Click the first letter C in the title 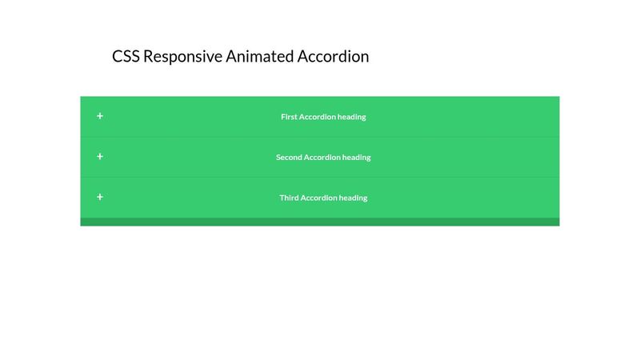click(118, 57)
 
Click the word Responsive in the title click(182, 58)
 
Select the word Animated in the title click(259, 57)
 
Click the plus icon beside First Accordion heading click(100, 116)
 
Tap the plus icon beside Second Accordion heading click(100, 157)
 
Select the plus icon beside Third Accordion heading click(100, 197)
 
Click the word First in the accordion click(289, 117)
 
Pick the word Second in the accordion click(289, 158)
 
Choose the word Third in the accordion click(289, 198)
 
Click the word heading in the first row click(352, 117)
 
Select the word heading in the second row click(357, 158)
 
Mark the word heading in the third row click(354, 198)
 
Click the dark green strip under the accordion click(320, 222)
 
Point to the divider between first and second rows click(320, 137)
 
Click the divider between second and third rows click(320, 177)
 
